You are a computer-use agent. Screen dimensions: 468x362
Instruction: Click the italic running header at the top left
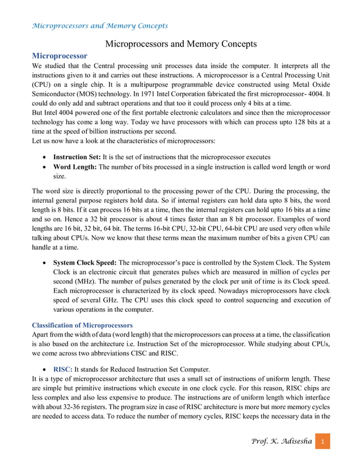point(100,25)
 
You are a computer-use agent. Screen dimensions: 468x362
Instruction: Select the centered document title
point(181,44)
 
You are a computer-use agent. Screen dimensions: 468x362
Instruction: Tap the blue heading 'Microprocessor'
point(60,56)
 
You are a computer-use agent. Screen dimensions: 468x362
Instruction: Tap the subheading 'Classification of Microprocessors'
point(82,325)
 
